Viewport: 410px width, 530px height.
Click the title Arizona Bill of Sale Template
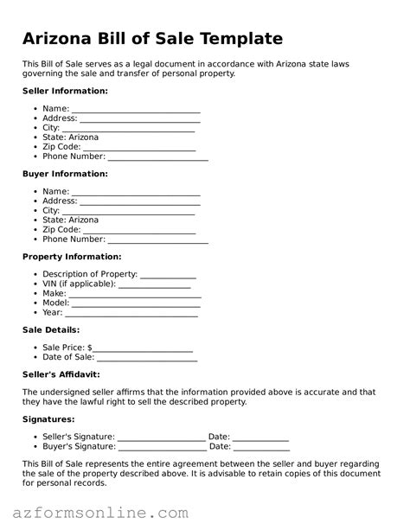point(152,38)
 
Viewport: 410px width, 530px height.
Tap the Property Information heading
point(72,257)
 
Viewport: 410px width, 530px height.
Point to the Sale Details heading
point(50,329)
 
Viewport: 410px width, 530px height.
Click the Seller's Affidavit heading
point(61,374)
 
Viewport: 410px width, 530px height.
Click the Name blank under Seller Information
point(136,110)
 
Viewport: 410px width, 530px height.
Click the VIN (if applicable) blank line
point(154,284)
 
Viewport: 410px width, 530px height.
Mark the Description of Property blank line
point(168,275)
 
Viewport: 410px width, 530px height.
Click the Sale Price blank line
point(143,348)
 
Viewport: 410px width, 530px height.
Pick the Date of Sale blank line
point(147,358)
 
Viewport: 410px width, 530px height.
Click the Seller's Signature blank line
point(161,437)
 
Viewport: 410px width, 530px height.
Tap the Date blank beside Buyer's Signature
point(261,447)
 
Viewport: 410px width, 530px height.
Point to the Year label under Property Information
point(52,312)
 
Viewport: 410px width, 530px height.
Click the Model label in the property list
point(54,303)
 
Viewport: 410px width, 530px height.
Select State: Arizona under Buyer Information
point(70,220)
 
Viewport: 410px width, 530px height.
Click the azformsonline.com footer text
point(100,513)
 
